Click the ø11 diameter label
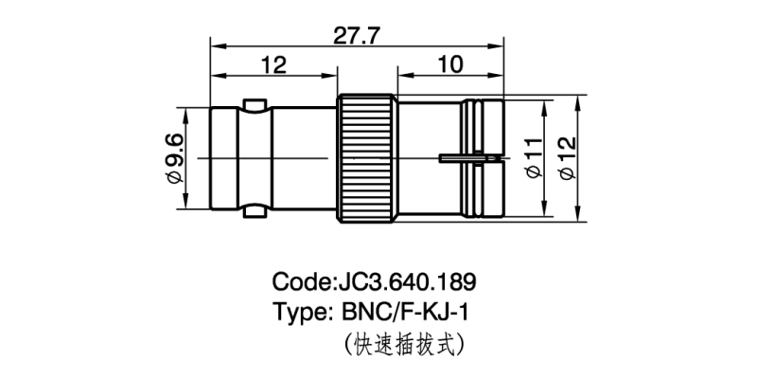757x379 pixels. tap(533, 156)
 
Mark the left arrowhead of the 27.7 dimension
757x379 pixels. tap(215, 45)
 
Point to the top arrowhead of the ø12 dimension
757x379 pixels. tap(580, 98)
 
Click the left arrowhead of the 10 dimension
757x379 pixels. tap(402, 75)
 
